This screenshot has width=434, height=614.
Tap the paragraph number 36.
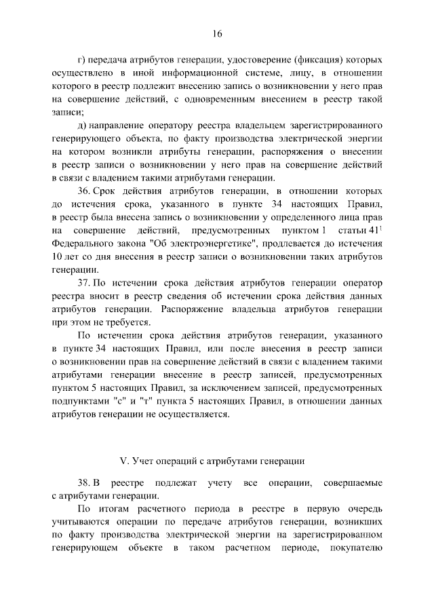coord(85,192)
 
